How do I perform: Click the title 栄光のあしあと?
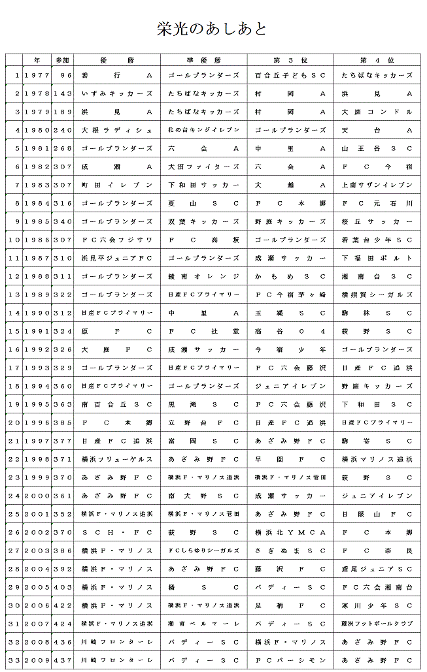point(212,29)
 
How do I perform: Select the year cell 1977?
point(37,76)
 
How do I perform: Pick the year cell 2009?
point(37,660)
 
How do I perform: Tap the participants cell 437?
point(63,660)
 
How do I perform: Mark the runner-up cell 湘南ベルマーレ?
point(203,624)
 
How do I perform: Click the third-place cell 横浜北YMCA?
point(290,532)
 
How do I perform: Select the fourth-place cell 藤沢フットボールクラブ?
point(377,624)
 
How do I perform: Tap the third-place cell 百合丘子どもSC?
point(290,76)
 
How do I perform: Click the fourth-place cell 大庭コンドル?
point(377,112)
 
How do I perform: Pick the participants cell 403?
point(63,587)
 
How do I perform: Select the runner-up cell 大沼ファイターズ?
point(203,167)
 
